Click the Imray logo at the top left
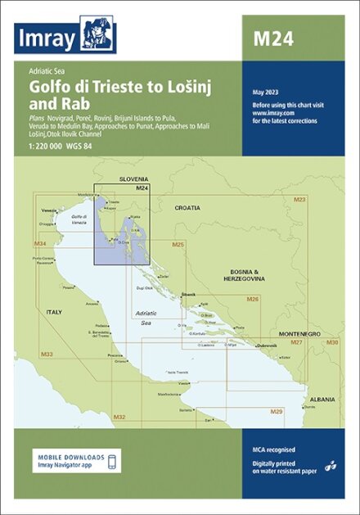click(x=65, y=37)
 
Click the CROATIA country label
click(x=187, y=208)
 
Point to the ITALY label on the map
click(x=53, y=312)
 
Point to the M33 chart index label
click(x=47, y=354)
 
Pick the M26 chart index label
click(x=253, y=300)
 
